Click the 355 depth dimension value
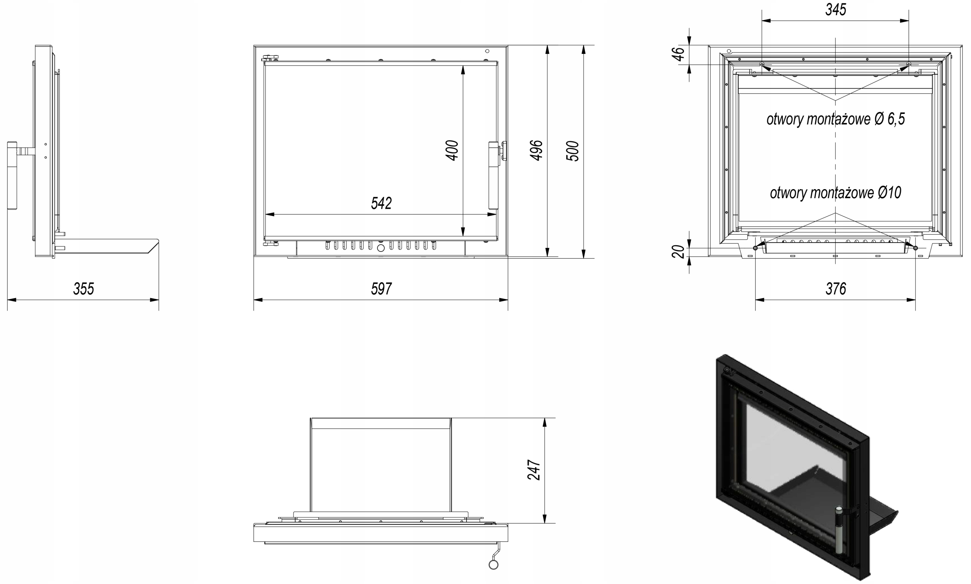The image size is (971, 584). click(84, 289)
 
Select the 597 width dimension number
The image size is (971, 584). click(381, 289)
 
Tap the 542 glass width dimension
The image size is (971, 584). click(381, 203)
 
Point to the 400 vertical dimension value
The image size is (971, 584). click(452, 150)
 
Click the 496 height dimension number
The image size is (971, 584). click(537, 150)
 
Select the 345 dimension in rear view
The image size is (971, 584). click(835, 9)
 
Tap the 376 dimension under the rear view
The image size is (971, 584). click(835, 289)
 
